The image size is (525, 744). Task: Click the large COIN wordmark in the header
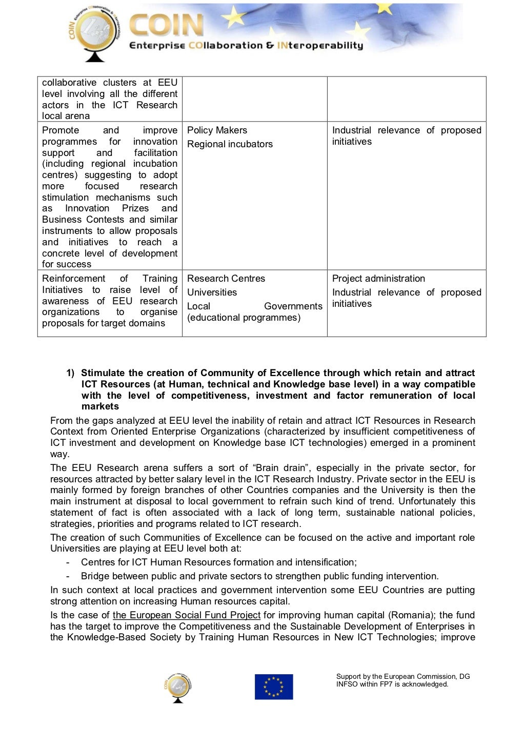167,26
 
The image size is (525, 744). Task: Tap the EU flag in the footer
274,687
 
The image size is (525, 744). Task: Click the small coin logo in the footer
178,688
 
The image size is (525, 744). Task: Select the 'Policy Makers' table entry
217,130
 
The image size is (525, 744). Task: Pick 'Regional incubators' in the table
230,144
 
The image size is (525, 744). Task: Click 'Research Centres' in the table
226,279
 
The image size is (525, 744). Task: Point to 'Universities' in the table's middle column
212,292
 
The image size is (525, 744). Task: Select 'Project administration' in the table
378,279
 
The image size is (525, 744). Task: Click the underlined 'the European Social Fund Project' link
187,615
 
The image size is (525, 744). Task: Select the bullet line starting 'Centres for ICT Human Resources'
219,562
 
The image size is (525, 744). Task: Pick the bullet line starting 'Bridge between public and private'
259,576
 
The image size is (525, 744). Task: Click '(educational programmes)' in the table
244,318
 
